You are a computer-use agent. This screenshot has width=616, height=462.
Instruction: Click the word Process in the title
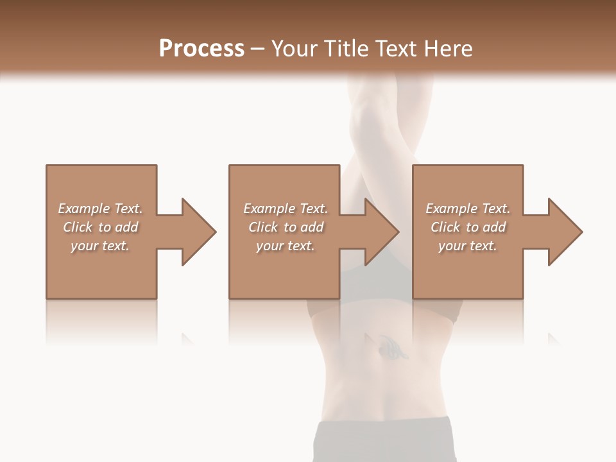click(x=201, y=49)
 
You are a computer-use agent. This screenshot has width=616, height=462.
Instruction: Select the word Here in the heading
click(x=449, y=49)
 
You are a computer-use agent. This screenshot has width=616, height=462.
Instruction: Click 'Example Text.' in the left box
click(x=101, y=209)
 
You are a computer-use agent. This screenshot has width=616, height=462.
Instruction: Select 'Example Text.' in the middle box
click(x=286, y=209)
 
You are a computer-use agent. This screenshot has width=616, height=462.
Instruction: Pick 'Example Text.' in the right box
click(x=468, y=209)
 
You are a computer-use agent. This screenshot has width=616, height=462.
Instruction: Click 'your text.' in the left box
click(x=101, y=246)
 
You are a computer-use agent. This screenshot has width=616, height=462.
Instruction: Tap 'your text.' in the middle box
click(x=286, y=246)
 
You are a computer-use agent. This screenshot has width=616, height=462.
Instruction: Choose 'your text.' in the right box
click(x=468, y=246)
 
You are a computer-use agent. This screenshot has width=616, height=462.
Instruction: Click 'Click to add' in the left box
click(x=101, y=227)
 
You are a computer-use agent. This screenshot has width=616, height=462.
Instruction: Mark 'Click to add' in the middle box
click(x=286, y=227)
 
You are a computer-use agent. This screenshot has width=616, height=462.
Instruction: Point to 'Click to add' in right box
click(x=468, y=227)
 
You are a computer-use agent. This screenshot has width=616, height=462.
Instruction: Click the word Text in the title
click(x=398, y=49)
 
